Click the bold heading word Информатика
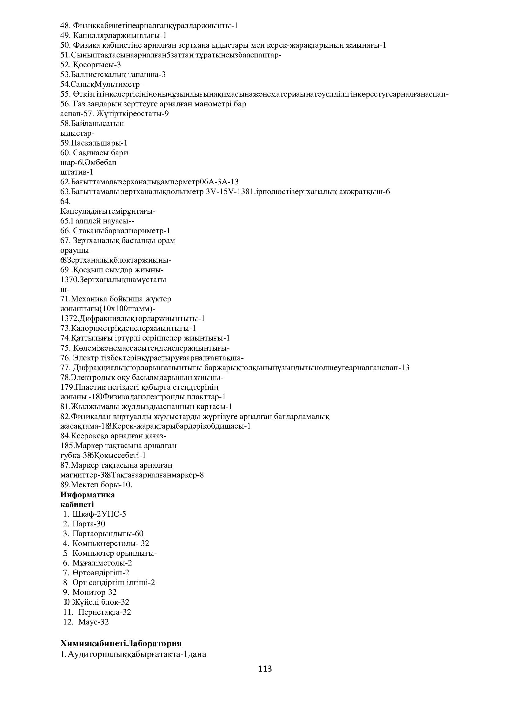click(87, 495)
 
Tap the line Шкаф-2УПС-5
click(99, 514)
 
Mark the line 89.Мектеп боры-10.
click(96, 485)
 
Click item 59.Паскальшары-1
click(94, 143)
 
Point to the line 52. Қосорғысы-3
click(91, 65)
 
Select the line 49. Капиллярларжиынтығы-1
click(113, 35)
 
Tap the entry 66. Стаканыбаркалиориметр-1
click(115, 231)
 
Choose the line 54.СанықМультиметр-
click(101, 84)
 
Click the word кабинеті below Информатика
click(77, 504)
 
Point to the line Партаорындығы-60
click(108, 534)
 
